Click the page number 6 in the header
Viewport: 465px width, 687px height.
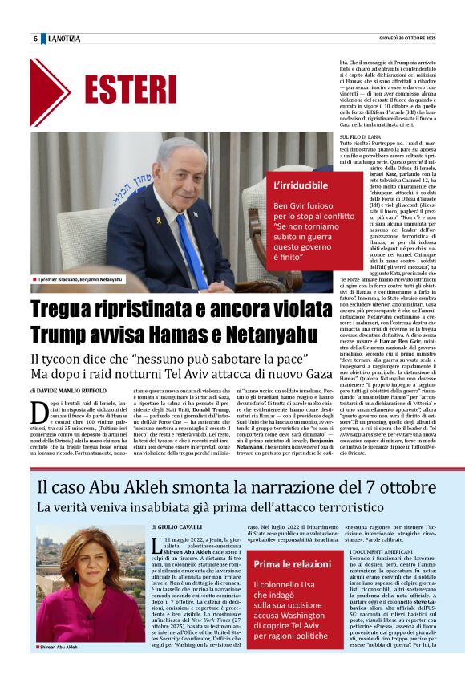[x=35, y=39]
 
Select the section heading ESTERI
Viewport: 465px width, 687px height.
[x=130, y=89]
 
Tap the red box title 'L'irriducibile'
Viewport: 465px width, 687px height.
[x=301, y=185]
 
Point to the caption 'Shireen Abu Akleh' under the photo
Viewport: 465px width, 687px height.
[x=59, y=646]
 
